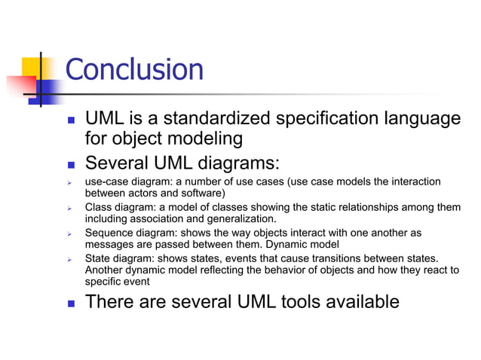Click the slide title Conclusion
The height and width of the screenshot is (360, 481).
coord(134,70)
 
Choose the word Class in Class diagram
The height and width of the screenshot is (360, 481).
coord(97,208)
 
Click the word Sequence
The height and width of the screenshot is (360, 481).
coord(109,233)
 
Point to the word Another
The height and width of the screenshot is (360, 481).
coord(106,270)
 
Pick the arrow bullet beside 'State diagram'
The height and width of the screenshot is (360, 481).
coord(69,259)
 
